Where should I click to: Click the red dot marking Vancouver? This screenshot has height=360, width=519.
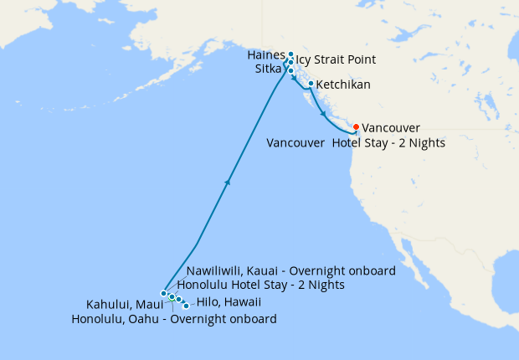point(357,127)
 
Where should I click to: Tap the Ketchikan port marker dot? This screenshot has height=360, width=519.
point(311,84)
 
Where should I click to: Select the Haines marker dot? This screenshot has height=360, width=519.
point(290,54)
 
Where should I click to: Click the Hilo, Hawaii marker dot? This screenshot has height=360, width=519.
point(186,306)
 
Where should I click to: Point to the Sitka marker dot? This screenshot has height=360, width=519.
point(290,70)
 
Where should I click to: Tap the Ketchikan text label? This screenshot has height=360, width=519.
point(343,85)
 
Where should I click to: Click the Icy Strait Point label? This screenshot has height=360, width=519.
point(336,60)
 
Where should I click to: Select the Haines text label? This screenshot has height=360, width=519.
point(266,54)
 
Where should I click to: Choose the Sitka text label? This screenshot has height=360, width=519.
point(270,70)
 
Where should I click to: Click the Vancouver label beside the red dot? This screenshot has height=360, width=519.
point(392,128)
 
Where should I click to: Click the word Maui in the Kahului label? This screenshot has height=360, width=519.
point(144,303)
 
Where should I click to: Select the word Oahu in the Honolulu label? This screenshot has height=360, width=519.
point(148,319)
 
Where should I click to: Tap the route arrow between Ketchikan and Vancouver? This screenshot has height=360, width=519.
point(324,113)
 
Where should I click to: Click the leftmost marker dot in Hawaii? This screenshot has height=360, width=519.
point(164,294)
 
